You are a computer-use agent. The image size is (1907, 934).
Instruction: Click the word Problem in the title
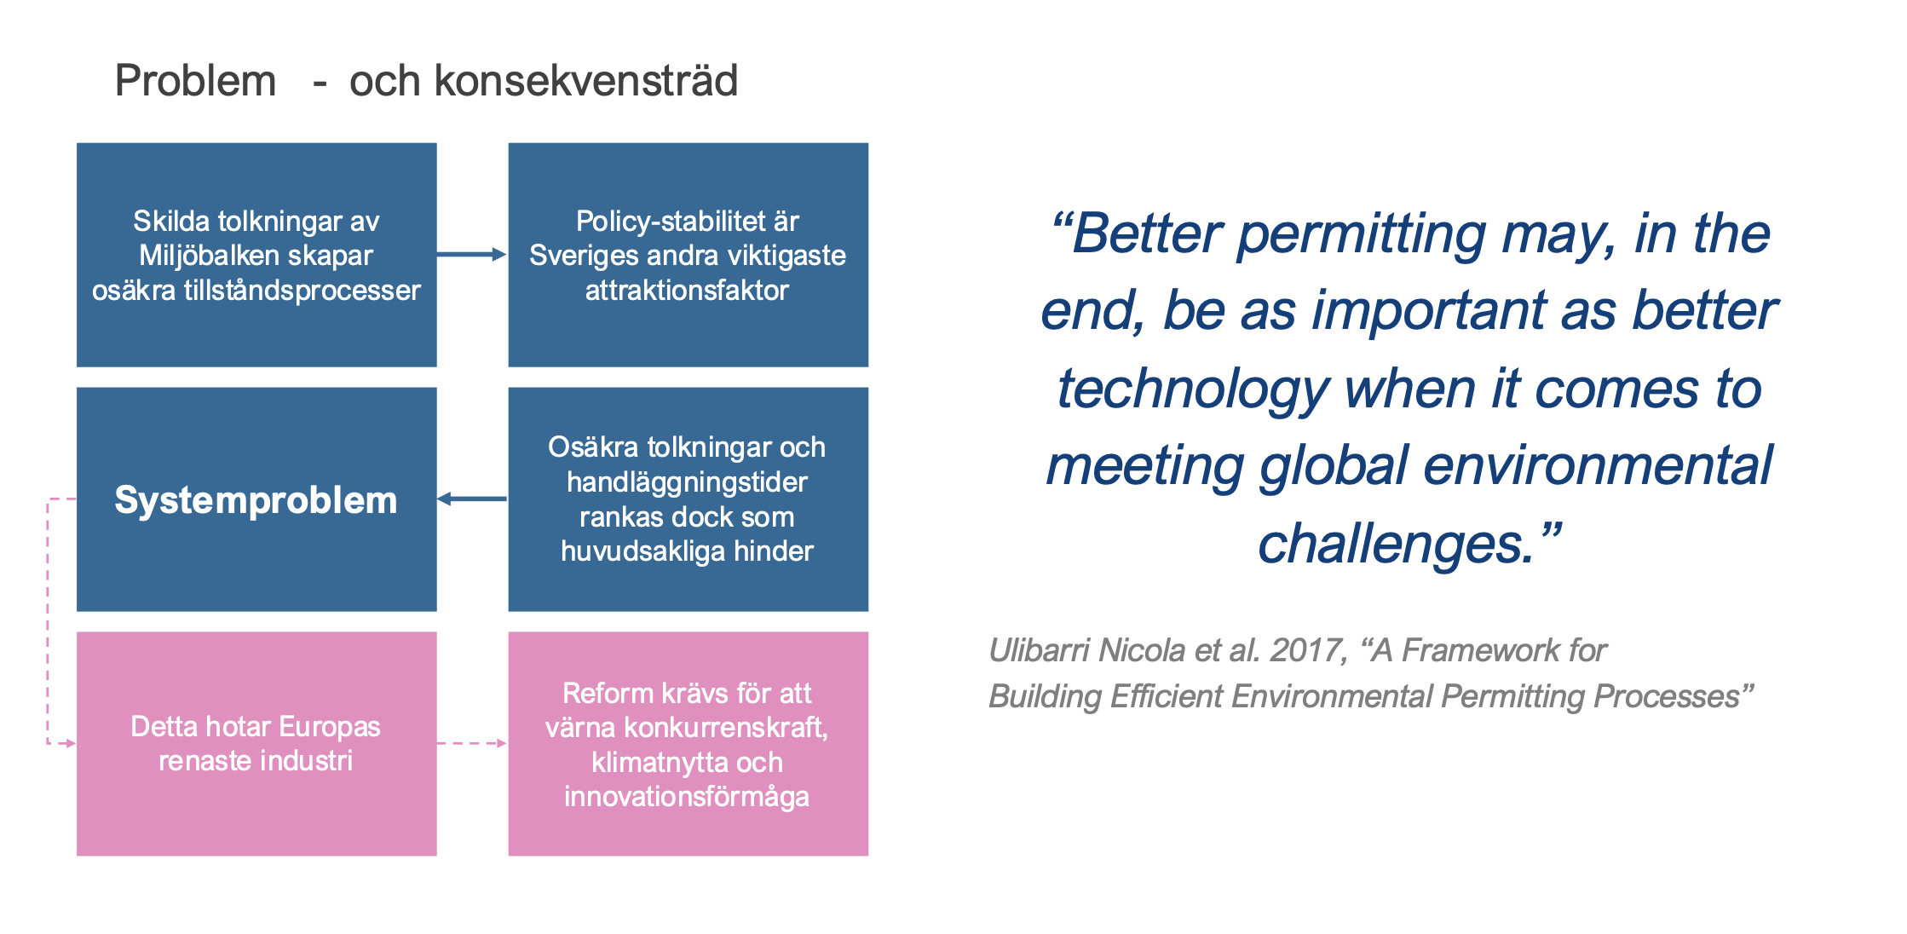click(x=195, y=81)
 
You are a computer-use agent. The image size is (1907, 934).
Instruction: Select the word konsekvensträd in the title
click(x=585, y=81)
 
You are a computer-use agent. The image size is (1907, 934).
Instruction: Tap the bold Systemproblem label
click(x=256, y=500)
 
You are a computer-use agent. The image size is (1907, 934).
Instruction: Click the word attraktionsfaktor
click(x=687, y=291)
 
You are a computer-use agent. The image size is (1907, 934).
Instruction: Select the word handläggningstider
click(x=687, y=483)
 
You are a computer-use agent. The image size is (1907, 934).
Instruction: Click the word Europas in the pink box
click(x=329, y=727)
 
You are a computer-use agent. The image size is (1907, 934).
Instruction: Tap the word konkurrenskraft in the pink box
click(x=723, y=727)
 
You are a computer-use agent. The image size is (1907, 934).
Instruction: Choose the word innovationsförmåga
click(x=687, y=797)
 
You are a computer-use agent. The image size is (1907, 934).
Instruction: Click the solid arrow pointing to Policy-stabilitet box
click(x=472, y=254)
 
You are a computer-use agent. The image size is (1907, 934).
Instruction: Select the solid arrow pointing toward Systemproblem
click(x=472, y=499)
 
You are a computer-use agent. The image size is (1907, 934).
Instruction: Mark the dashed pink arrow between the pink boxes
click(x=472, y=743)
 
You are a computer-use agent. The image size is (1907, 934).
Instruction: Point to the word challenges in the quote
click(x=1396, y=545)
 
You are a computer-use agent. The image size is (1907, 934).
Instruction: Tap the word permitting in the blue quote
click(x=1361, y=234)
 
